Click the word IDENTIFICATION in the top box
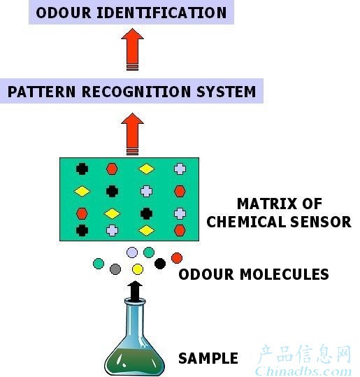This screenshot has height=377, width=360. [x=161, y=13]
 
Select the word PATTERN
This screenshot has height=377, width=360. [x=41, y=92]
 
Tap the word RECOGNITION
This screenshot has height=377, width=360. [x=136, y=92]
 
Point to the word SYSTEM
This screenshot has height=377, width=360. [x=226, y=92]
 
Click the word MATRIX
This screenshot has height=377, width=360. [x=267, y=204]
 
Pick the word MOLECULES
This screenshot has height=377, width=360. [x=285, y=274]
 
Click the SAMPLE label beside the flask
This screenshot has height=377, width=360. [x=208, y=358]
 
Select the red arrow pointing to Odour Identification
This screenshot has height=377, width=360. [x=132, y=49]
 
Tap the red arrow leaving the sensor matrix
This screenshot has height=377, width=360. [x=132, y=134]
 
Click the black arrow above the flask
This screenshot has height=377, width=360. [x=135, y=292]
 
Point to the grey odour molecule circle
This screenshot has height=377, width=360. [x=115, y=269]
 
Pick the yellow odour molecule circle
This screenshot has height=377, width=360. [x=138, y=269]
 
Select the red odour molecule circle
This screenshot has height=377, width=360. [x=177, y=258]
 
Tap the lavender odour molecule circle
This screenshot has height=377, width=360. [x=132, y=252]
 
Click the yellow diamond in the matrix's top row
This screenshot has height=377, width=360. [x=146, y=169]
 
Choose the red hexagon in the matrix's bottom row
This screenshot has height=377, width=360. [x=180, y=230]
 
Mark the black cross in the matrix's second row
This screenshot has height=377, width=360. [x=113, y=192]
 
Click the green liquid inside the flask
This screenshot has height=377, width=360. [x=134, y=362]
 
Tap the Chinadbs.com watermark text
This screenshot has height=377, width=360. [x=303, y=371]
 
